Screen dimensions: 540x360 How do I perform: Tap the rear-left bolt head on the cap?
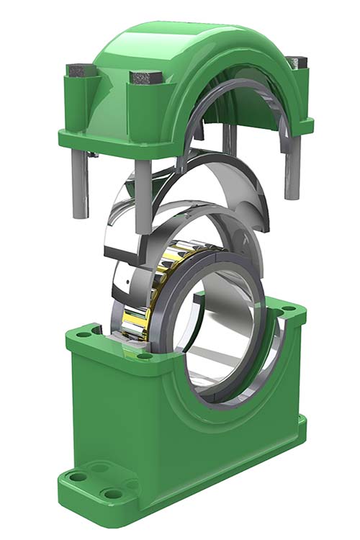[77, 70]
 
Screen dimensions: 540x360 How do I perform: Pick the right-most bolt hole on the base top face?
[288, 310]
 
